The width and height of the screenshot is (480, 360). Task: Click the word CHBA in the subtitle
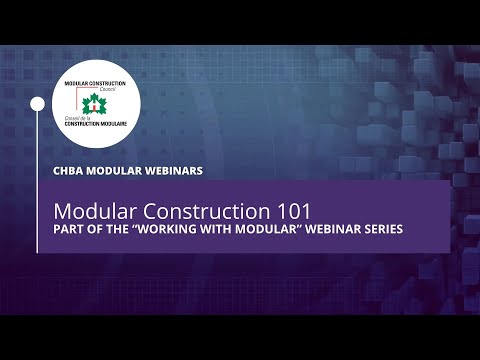click(70, 170)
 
